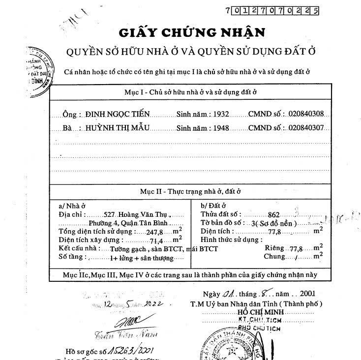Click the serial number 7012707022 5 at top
click(271, 9)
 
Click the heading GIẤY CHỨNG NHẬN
click(192, 32)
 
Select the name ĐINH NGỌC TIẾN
click(117, 114)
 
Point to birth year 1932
click(221, 114)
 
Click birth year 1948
click(221, 128)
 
